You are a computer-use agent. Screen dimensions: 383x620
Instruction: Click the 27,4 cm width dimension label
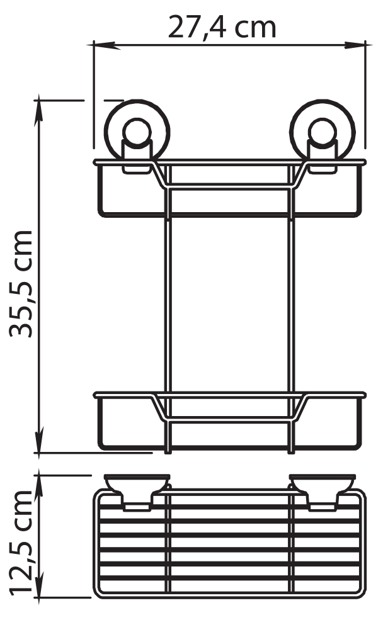click(222, 28)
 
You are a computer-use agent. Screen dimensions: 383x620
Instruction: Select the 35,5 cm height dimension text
click(21, 283)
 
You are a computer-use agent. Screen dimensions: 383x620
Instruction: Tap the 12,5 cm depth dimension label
click(21, 542)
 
